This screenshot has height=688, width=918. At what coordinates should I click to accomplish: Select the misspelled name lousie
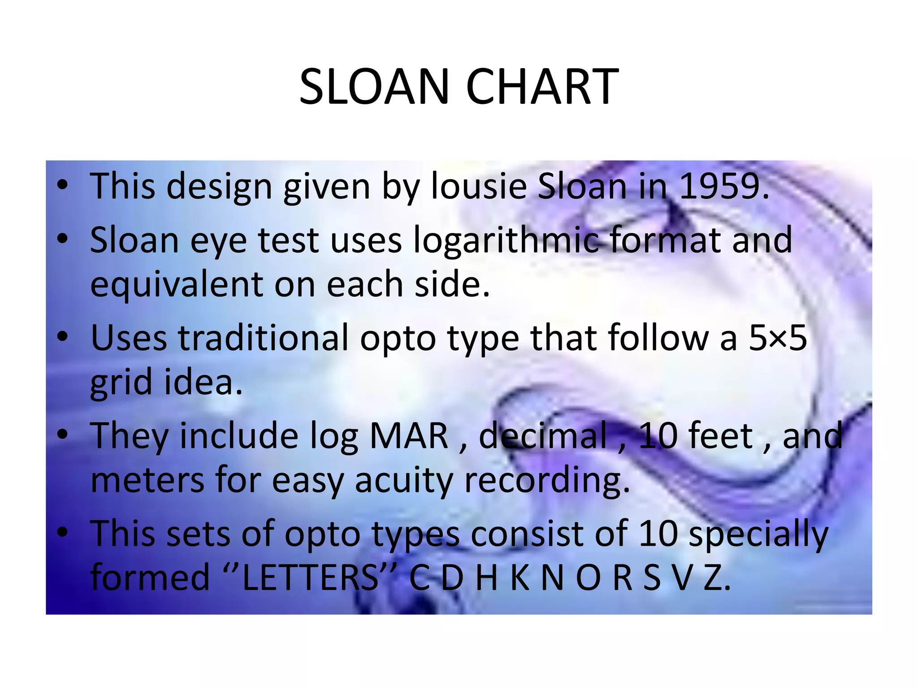(479, 186)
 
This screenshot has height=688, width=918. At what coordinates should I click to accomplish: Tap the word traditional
(264, 338)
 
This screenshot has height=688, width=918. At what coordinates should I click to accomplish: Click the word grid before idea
(121, 383)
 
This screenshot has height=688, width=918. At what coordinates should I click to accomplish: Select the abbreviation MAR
(408, 436)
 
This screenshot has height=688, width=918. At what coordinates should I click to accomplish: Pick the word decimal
(542, 436)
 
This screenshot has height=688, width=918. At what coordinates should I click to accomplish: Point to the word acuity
(404, 481)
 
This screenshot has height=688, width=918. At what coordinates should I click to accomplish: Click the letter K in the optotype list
(520, 577)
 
